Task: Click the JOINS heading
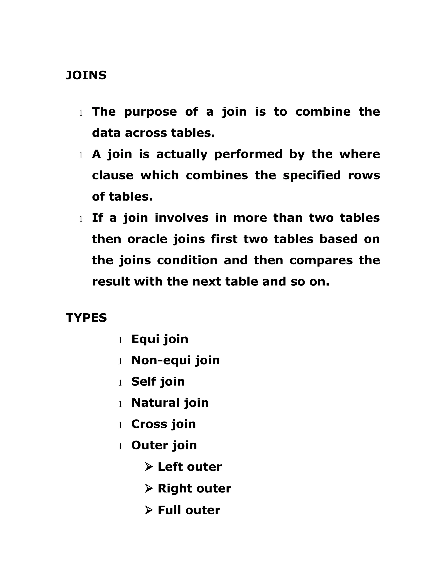click(x=86, y=75)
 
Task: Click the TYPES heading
click(x=86, y=318)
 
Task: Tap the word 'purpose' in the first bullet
click(x=150, y=112)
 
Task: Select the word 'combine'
click(x=323, y=111)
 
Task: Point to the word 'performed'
click(x=248, y=154)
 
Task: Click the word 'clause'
click(x=113, y=175)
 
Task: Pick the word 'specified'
click(x=312, y=175)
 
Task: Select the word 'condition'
click(x=187, y=260)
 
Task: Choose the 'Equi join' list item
click(x=160, y=339)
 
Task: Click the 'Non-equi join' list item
click(x=176, y=360)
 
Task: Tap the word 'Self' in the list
click(x=144, y=381)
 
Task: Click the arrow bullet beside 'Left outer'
click(x=149, y=467)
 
